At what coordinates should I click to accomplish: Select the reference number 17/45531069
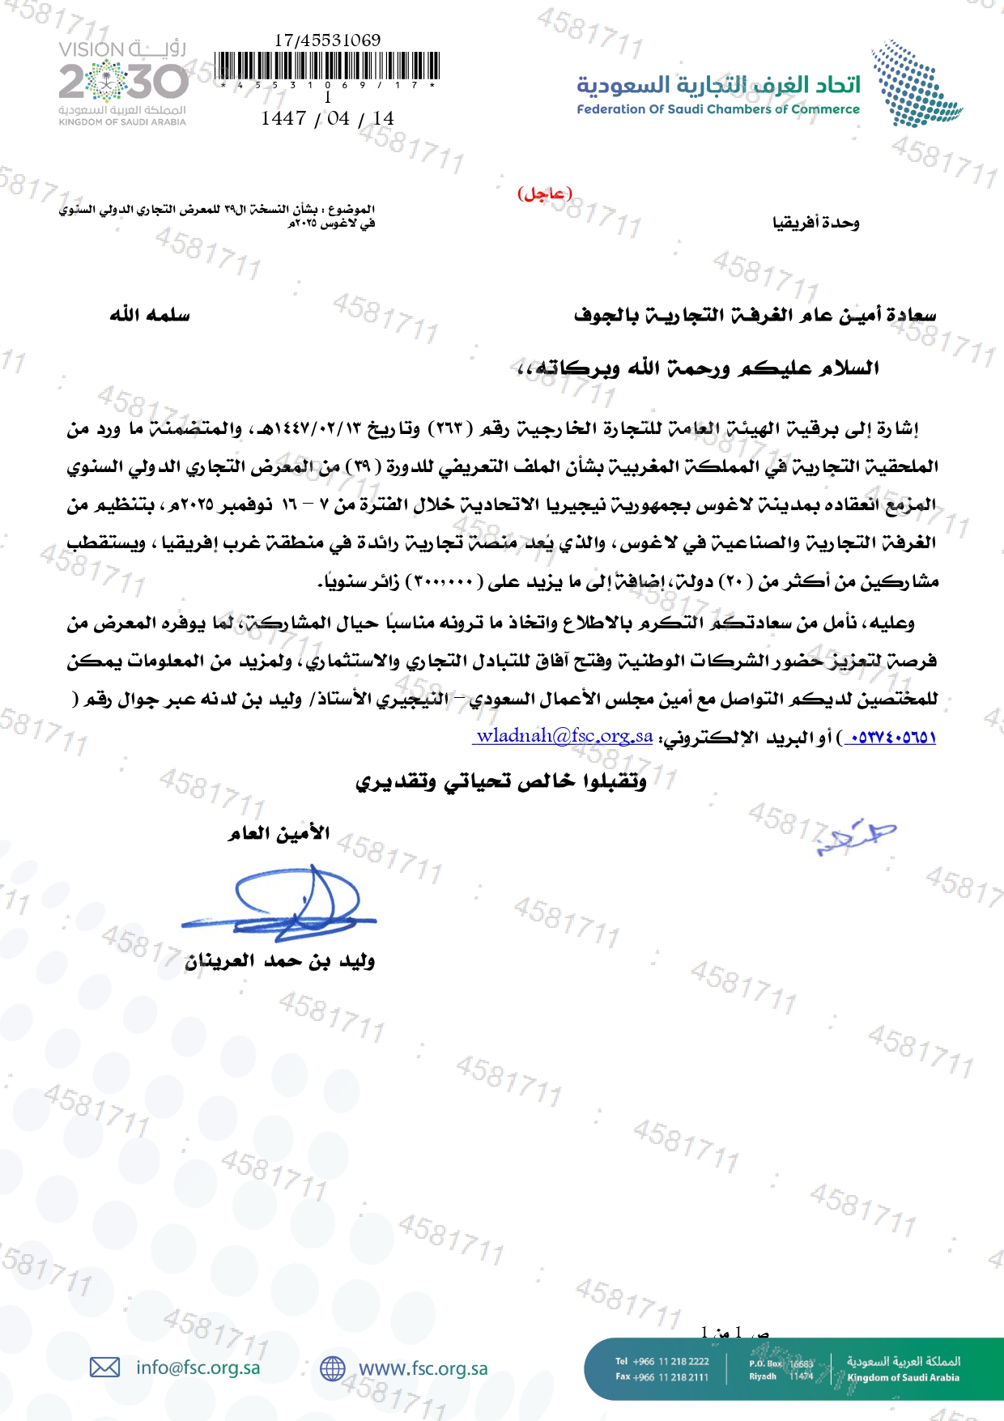click(327, 40)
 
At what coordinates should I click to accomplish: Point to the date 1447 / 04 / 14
click(327, 118)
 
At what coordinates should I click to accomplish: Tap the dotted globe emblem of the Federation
click(915, 84)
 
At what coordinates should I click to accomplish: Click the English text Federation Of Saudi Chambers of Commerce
click(718, 109)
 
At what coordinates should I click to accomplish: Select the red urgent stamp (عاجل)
click(545, 194)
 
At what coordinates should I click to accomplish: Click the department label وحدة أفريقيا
click(815, 223)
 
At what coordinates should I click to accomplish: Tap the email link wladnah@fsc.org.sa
click(564, 736)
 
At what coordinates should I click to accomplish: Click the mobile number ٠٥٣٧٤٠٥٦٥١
click(890, 737)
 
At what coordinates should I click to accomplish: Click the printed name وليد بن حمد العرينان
click(280, 961)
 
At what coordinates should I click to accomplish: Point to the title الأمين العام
click(278, 833)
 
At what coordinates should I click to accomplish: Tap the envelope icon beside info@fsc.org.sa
click(104, 1368)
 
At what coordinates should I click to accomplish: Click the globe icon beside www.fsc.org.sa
click(332, 1368)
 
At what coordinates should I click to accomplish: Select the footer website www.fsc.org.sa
click(423, 1368)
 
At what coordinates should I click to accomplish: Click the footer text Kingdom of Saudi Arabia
click(903, 1377)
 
